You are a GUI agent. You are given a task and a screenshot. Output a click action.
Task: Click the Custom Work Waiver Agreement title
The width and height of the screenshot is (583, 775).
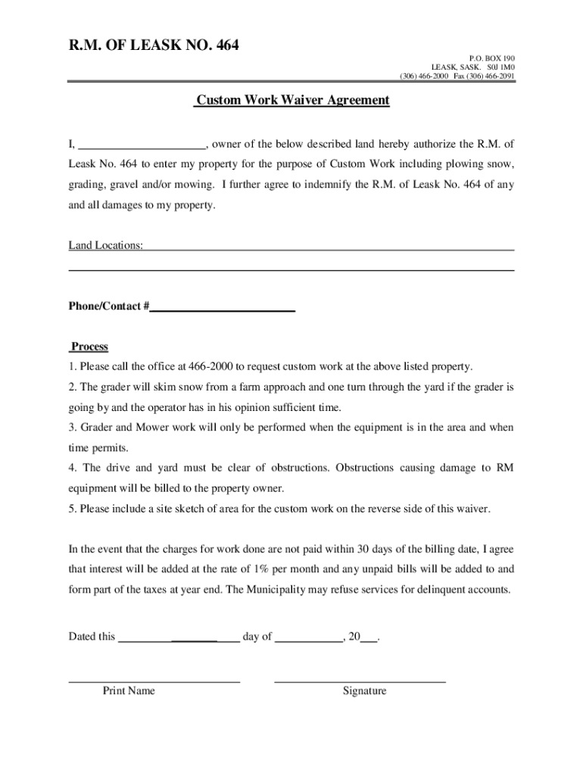[x=291, y=100]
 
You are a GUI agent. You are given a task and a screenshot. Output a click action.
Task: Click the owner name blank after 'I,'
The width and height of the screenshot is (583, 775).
[x=142, y=145]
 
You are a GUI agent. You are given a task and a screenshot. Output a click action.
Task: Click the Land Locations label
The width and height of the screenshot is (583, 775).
[x=106, y=245]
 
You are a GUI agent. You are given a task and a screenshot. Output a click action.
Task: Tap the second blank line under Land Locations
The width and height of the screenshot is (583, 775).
[x=291, y=269]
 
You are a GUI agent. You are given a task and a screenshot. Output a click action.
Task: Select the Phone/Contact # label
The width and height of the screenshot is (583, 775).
[x=108, y=307]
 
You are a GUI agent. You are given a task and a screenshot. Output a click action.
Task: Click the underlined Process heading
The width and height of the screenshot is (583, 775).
[x=89, y=347]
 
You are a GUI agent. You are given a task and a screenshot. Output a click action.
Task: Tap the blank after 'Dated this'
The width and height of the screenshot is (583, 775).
[x=179, y=637]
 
